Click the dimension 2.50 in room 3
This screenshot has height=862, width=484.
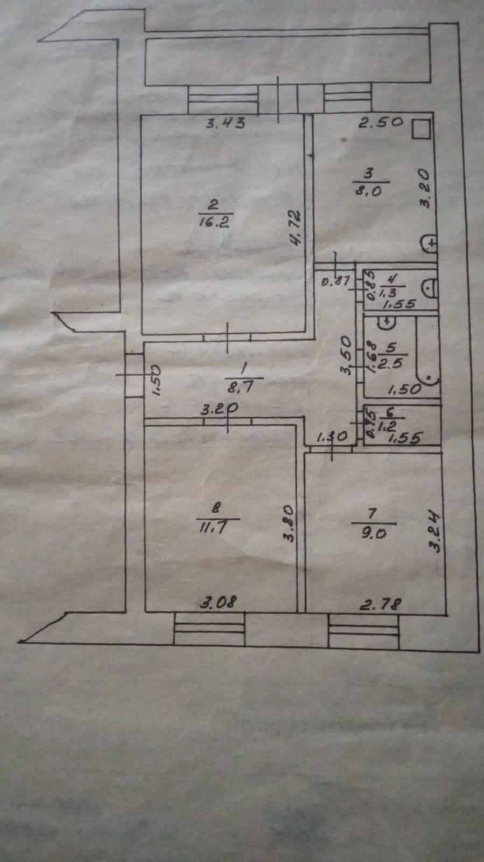pyautogui.click(x=381, y=122)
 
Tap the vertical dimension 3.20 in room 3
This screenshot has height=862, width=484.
pyautogui.click(x=425, y=189)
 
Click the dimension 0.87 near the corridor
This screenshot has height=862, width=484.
pyautogui.click(x=336, y=281)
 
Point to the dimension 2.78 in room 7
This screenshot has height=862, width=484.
pyautogui.click(x=381, y=604)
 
